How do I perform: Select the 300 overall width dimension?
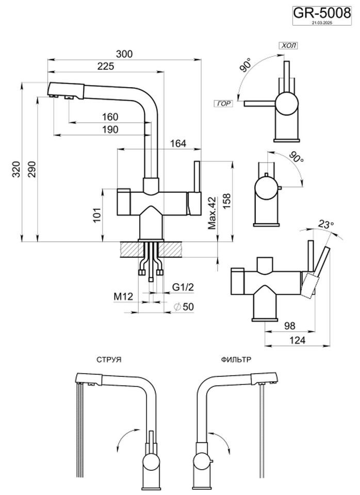coord(124,54)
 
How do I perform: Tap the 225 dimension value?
coord(105,67)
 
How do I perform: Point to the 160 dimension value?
coord(110,117)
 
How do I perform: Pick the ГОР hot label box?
coord(223,104)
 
